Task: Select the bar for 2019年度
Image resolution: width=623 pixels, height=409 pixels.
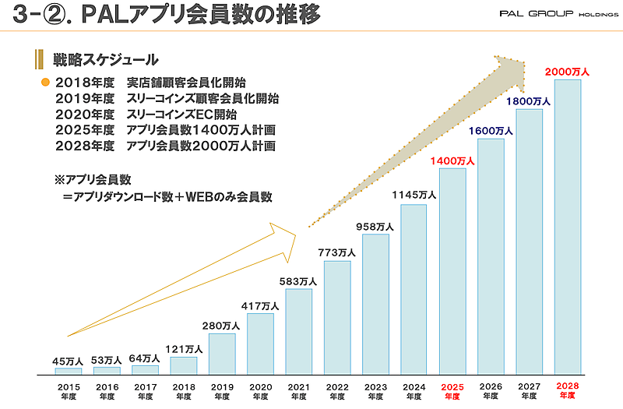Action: (x=222, y=354)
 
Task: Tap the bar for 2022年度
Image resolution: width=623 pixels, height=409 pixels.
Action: (x=337, y=318)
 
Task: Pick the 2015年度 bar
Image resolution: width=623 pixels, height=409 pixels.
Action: (x=69, y=371)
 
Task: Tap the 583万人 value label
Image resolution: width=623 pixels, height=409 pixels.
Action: (x=298, y=281)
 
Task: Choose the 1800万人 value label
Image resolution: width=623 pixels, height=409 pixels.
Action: (x=529, y=101)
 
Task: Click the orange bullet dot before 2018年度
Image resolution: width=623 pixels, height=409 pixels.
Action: (x=45, y=83)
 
